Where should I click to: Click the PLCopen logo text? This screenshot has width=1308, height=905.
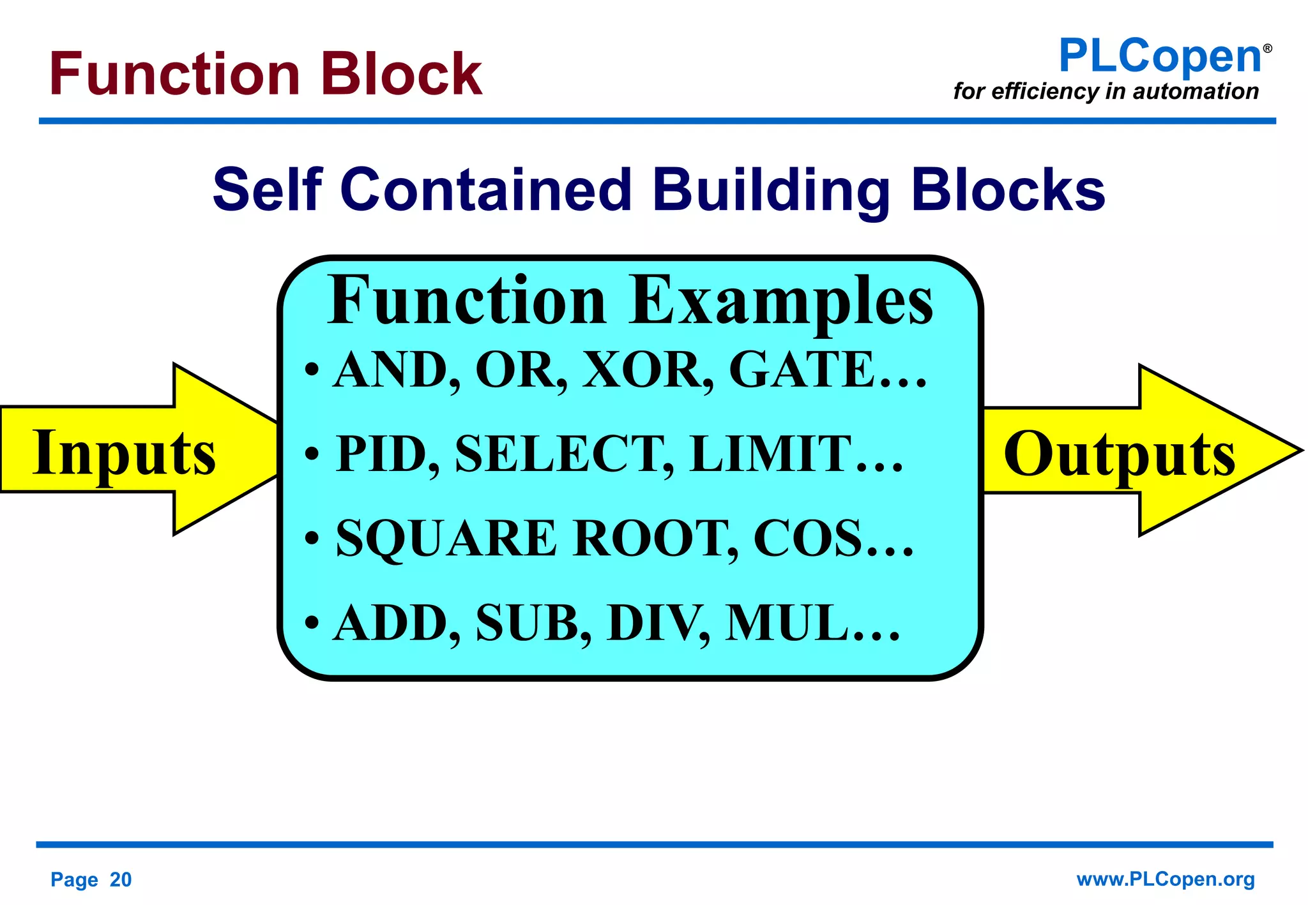tap(1159, 56)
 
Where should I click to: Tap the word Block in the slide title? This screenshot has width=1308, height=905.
tap(401, 74)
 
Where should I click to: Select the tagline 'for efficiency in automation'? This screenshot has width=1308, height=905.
tap(1106, 91)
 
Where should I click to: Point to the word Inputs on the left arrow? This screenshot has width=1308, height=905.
tap(125, 453)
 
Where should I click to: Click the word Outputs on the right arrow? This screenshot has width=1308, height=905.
tap(1119, 454)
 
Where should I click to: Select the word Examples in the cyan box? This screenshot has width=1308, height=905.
tap(780, 300)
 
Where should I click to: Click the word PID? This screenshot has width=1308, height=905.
tap(387, 454)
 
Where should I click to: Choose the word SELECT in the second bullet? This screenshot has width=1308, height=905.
tap(563, 454)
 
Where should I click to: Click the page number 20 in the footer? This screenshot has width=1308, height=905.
tap(121, 879)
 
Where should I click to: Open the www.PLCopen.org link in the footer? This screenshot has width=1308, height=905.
tap(1166, 879)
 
